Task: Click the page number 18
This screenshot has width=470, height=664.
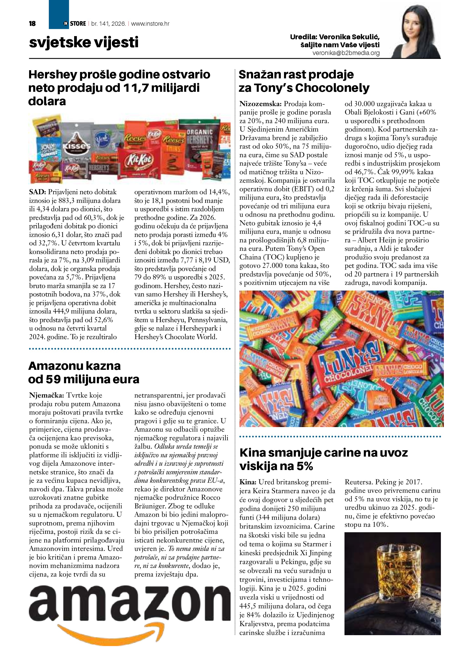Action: [x=32, y=24]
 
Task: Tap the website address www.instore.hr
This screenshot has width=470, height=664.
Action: [x=150, y=24]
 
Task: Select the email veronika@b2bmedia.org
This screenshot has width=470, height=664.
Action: [x=346, y=53]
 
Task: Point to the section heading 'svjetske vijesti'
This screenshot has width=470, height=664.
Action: [x=84, y=42]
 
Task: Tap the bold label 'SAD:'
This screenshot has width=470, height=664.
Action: [x=38, y=192]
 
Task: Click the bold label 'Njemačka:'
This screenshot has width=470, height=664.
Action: [x=47, y=395]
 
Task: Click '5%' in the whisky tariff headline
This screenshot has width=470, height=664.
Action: [x=304, y=466]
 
